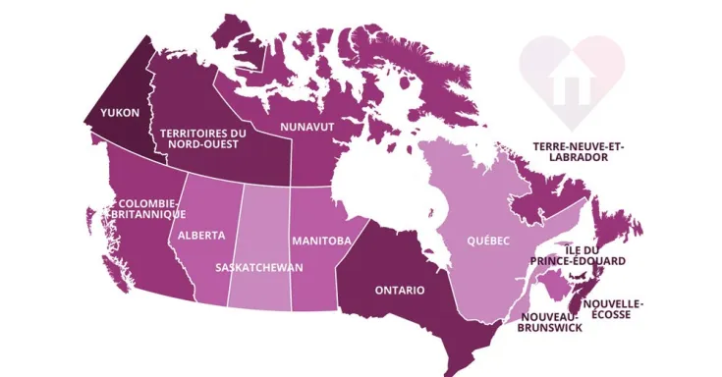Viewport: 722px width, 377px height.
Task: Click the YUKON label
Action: pos(118,113)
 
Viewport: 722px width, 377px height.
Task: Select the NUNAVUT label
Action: pos(307,128)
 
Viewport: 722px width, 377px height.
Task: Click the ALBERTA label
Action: pos(201,236)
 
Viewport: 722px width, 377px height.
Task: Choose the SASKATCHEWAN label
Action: pos(259,267)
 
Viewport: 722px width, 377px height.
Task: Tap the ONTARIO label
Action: pos(399,291)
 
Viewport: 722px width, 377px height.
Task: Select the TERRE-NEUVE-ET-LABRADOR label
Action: pos(578,151)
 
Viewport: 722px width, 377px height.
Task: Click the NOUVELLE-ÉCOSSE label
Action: pos(613,309)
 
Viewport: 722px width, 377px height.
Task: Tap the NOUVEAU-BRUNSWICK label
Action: pos(550,322)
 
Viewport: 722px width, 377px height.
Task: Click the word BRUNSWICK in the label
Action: pos(550,328)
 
